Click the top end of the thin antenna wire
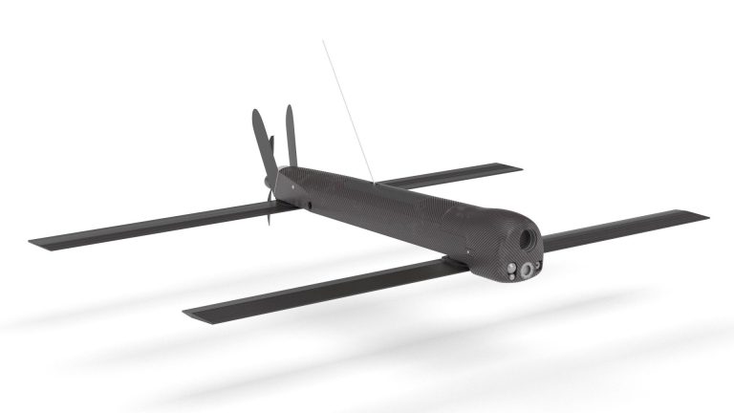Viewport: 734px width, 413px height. click(x=323, y=40)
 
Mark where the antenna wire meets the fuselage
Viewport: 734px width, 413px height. click(x=376, y=181)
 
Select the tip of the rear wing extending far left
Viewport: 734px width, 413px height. click(x=33, y=243)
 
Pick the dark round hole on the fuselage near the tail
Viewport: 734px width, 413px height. click(x=308, y=203)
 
